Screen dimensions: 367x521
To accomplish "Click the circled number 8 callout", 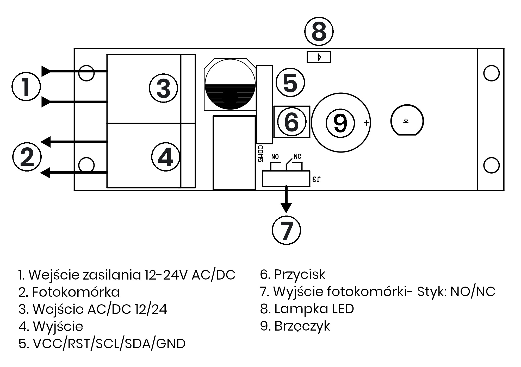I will (x=319, y=32).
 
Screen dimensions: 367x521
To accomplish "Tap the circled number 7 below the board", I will (x=286, y=230).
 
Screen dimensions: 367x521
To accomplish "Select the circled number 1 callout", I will (x=26, y=86).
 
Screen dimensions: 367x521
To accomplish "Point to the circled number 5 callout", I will (x=290, y=83).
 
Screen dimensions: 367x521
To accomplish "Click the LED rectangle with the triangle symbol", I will (x=319, y=57).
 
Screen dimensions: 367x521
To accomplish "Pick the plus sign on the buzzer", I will (x=367, y=123).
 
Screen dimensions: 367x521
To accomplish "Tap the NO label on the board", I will (x=275, y=157).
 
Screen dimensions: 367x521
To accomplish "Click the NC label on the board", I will (x=297, y=156).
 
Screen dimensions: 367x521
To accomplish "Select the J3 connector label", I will (x=316, y=179).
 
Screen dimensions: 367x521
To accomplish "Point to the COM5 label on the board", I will (x=260, y=154).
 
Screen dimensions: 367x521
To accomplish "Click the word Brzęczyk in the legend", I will (x=302, y=326).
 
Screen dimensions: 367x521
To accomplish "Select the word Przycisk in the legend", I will (x=300, y=274).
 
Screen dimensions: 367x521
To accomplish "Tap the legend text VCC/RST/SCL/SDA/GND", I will (x=109, y=344).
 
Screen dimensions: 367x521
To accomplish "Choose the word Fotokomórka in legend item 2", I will (x=76, y=292).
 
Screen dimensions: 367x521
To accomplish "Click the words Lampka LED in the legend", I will (x=314, y=309).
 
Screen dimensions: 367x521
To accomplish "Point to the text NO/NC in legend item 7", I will (x=473, y=292).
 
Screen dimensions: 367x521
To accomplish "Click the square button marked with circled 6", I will (x=292, y=122).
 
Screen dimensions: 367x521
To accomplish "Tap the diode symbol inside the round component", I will (x=406, y=121).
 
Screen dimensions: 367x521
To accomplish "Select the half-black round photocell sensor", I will (x=230, y=84).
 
